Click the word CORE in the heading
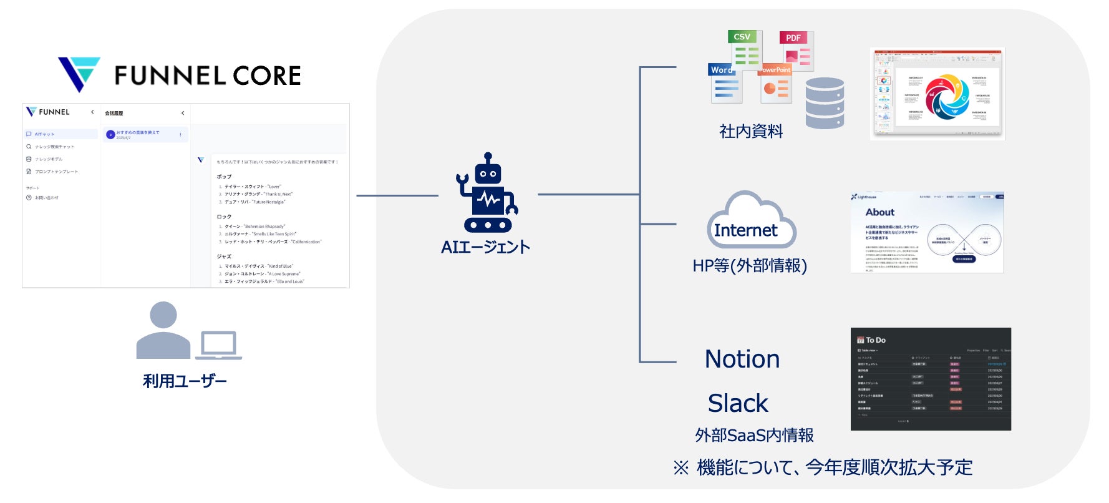[266, 76]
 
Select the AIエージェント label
[485, 247]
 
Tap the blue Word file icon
[725, 83]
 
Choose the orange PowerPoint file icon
[775, 84]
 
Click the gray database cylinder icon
[824, 103]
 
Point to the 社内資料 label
[751, 131]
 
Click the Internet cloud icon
[751, 222]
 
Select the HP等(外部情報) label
[750, 266]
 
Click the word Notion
[742, 359]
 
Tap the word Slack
[738, 403]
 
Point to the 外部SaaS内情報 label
[754, 435]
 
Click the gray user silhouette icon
[163, 330]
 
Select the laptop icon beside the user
[218, 346]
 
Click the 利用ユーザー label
[185, 381]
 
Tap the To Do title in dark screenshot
[875, 340]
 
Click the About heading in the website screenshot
[879, 212]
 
